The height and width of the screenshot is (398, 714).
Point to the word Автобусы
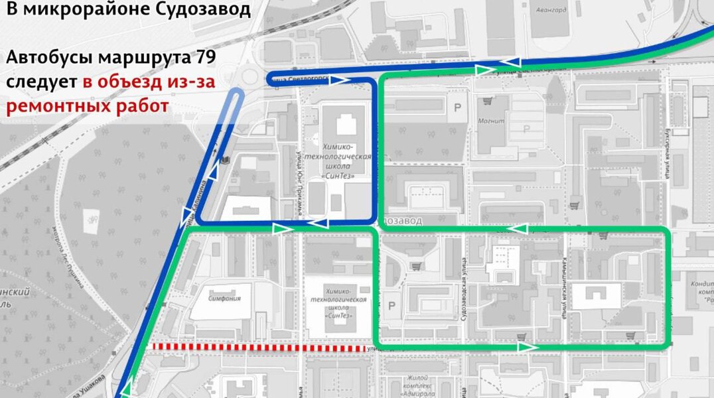coord(50,57)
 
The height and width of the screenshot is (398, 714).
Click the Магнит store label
coord(491,121)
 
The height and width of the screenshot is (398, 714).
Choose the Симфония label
coord(224,298)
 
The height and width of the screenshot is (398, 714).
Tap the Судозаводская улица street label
coord(462,291)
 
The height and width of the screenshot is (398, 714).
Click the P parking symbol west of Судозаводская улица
coord(390,306)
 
